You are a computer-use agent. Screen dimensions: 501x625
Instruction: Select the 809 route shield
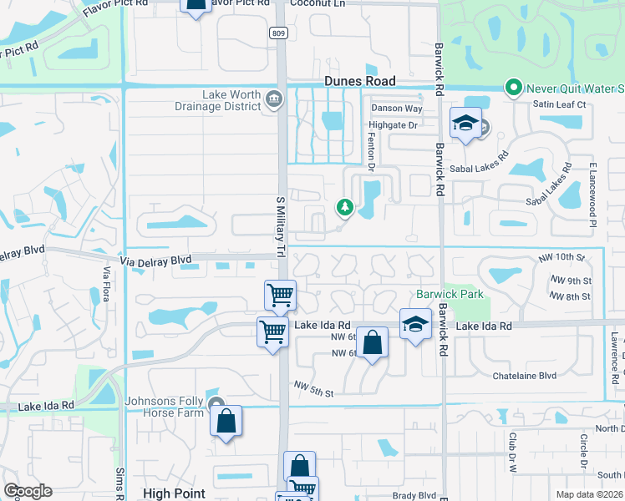(x=277, y=33)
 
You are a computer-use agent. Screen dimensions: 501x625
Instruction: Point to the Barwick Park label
(x=450, y=295)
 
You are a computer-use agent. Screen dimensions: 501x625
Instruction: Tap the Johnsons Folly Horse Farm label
(x=165, y=407)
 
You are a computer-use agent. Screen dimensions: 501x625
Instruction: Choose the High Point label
(x=174, y=493)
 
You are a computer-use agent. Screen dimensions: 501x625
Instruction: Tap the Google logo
(x=28, y=491)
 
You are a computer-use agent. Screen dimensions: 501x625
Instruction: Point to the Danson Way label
(x=397, y=109)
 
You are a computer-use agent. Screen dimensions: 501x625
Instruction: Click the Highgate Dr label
(x=394, y=125)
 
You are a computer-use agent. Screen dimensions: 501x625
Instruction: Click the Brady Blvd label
(x=414, y=495)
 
